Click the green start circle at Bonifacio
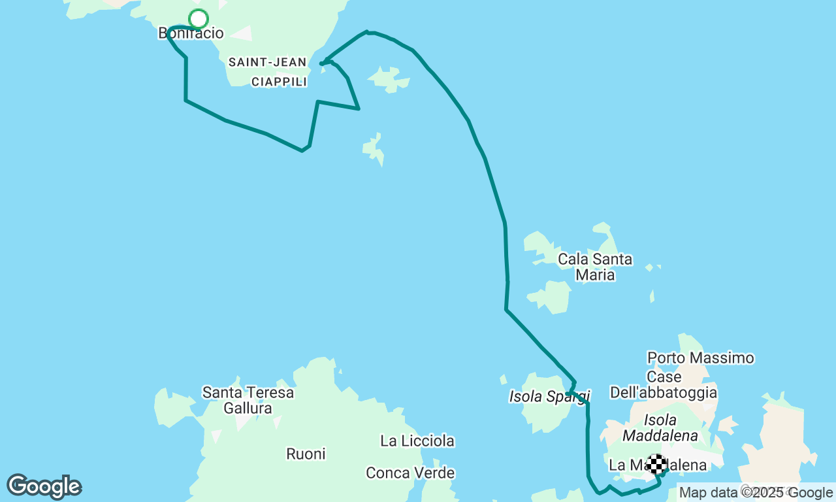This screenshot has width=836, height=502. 198,19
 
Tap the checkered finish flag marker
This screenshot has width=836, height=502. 657,464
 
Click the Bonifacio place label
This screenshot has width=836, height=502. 190,33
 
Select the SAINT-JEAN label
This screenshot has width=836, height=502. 267,63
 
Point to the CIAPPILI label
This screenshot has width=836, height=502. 279,82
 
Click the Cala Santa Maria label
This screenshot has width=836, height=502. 595,267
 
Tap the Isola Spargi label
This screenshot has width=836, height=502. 549,396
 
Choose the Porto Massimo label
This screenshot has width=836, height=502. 700,358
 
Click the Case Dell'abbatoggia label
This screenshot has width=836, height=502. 664,385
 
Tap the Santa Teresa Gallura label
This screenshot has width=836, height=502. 248,400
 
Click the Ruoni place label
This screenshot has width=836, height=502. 306,454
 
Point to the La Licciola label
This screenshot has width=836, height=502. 417,441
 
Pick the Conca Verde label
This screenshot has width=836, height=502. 410,473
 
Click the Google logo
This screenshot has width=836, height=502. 44,487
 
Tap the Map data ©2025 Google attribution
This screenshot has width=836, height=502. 756,493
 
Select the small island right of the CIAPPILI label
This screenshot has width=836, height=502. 390,79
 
